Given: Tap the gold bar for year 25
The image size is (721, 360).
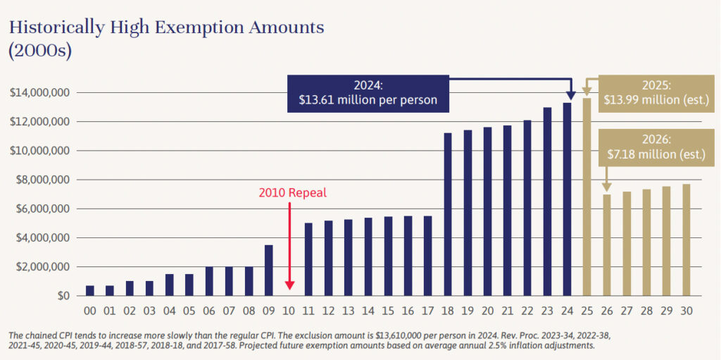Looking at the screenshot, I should tap(587, 197).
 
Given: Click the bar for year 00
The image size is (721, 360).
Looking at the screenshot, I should tap(89, 290).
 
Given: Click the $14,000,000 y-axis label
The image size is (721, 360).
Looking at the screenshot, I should tap(39, 93).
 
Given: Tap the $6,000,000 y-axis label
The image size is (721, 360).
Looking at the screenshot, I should tap(39, 209).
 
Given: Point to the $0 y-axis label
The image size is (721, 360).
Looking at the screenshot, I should tap(61, 296).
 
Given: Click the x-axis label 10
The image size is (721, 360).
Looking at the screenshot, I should tap(289, 311).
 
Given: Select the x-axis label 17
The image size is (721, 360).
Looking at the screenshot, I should tap(428, 311).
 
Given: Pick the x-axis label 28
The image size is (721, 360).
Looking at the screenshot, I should tap(646, 311).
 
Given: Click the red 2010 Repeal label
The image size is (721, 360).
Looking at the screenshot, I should tap(293, 192).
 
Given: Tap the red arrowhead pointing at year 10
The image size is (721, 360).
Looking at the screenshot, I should tap(289, 285).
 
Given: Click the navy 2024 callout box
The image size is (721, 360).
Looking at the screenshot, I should tap(368, 94).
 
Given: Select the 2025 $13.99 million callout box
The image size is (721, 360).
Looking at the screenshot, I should tap(656, 93).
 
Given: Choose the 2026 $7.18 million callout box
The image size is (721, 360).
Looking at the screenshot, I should tap(656, 147).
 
